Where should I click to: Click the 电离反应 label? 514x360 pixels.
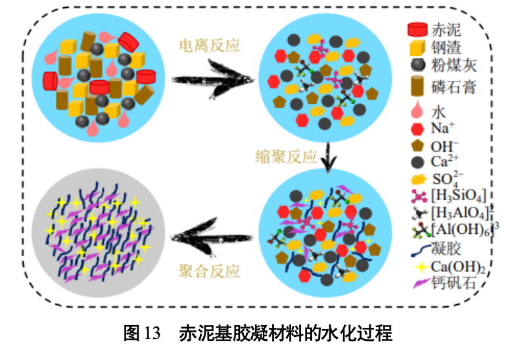pos(210,45)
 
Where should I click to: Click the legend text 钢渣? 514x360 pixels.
pos(446,47)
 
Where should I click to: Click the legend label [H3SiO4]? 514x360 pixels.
pos(459,196)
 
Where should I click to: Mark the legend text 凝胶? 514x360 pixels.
pos(446,248)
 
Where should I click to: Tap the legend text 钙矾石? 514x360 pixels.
pos(453,284)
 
